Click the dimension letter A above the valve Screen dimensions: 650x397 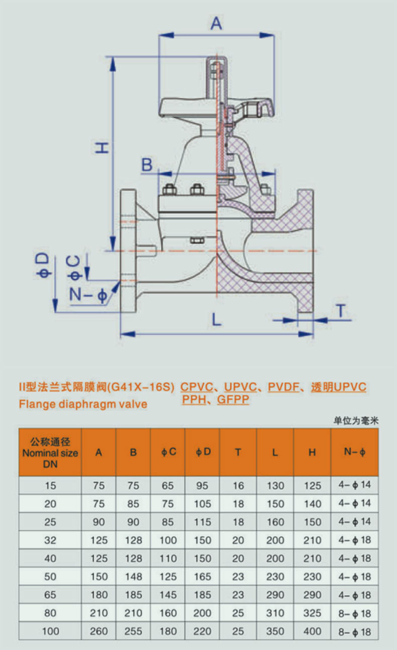[216, 23]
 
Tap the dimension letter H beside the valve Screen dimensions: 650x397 [102, 147]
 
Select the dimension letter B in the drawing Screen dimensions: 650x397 [146, 164]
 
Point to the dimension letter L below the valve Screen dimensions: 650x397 [216, 319]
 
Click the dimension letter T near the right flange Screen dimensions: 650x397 [341, 311]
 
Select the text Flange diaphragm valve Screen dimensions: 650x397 [83, 404]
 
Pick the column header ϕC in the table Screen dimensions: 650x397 [169, 452]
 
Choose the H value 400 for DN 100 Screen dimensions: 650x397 [312, 631]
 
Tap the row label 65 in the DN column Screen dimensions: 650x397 [50, 595]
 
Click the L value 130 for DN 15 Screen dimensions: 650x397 [275, 486]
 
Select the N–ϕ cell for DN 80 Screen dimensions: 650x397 [355, 613]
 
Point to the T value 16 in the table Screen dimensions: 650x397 [238, 486]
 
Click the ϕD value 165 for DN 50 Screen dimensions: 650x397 [203, 577]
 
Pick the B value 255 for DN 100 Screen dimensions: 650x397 [133, 631]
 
